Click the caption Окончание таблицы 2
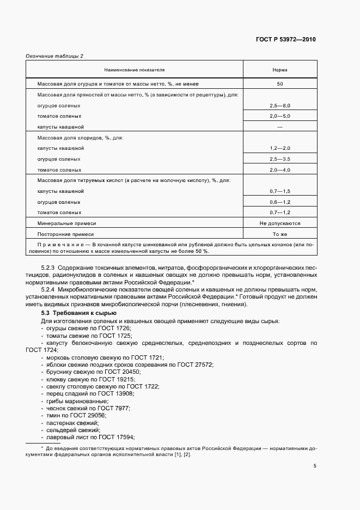(x=54, y=56)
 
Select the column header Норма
(x=280, y=70)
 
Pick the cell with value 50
(x=280, y=84)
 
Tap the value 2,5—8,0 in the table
(x=280, y=105)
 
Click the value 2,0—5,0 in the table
(x=280, y=116)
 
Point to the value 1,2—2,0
(x=280, y=148)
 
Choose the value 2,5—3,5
(x=280, y=159)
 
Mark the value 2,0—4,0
(x=280, y=170)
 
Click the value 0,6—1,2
(x=280, y=202)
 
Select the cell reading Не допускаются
(x=280, y=223)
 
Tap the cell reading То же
(x=280, y=234)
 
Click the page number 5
(x=315, y=466)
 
